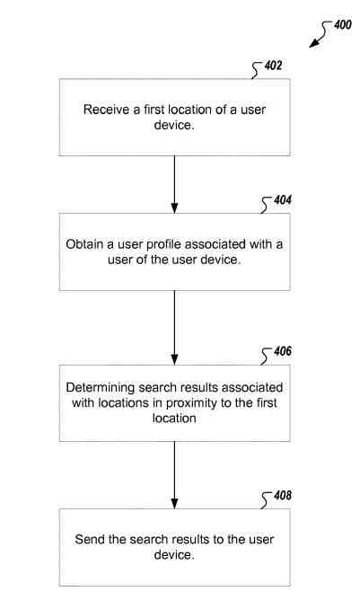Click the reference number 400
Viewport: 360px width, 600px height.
(343, 25)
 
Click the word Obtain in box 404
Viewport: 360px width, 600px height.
(86, 243)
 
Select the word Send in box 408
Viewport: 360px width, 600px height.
(91, 540)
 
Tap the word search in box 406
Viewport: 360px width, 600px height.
(157, 387)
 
